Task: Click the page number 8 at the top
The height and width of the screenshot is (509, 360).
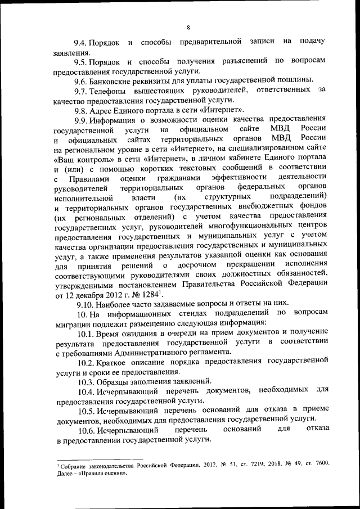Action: (188, 28)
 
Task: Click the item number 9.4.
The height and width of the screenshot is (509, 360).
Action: (82, 42)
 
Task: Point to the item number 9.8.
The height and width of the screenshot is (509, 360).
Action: (82, 109)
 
